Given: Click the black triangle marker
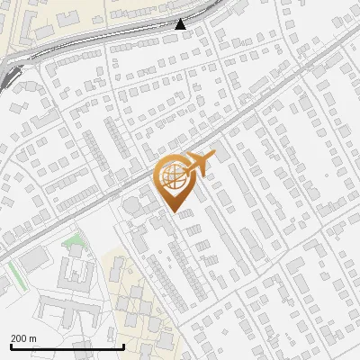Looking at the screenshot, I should [181, 24].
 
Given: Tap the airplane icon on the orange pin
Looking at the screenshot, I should [200, 162].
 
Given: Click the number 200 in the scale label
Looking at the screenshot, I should [19, 338].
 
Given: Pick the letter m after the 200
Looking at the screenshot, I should [33, 338].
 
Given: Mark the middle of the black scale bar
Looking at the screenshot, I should [66, 346].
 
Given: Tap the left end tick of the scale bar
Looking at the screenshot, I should [10, 346].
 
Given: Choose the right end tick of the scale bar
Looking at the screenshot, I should [122, 346].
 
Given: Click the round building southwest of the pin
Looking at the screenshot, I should [133, 206].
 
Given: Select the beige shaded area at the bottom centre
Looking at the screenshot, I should [135, 306].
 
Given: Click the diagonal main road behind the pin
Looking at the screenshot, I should [252, 112].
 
